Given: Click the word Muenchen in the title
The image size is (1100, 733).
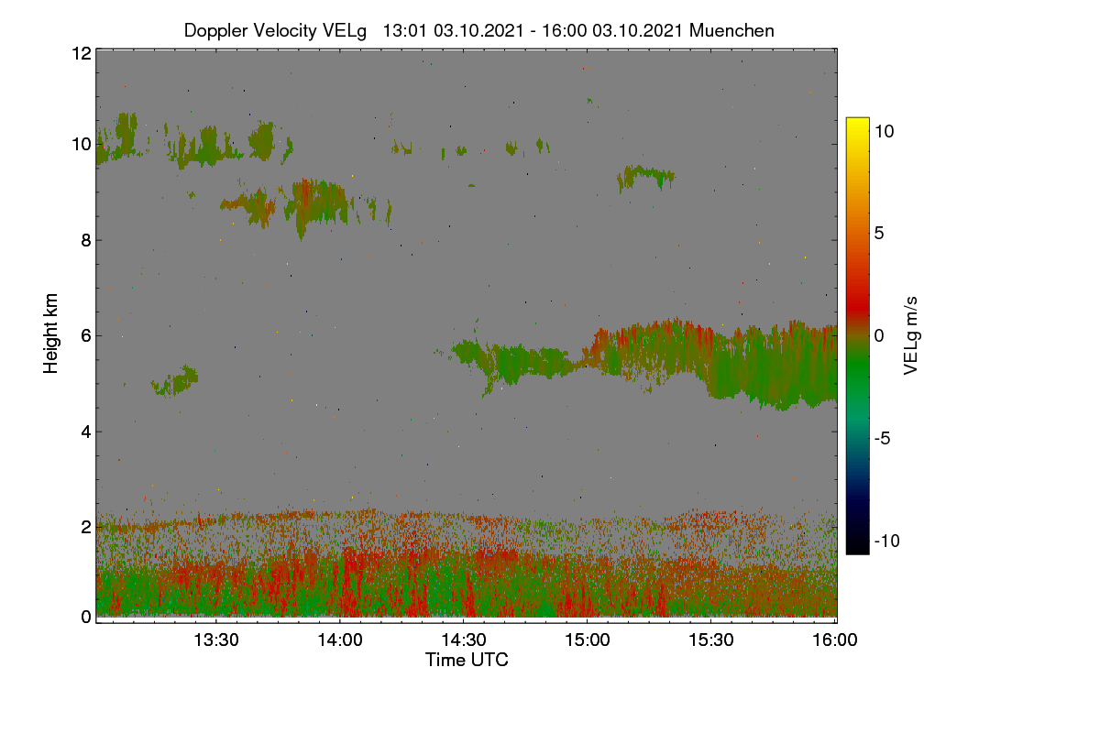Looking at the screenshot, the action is [x=731, y=30].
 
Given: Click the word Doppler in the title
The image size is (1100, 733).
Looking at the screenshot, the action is [x=215, y=31].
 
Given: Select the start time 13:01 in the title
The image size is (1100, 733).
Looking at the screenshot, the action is [x=404, y=30].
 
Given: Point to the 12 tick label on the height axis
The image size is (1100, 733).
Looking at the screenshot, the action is [x=82, y=53].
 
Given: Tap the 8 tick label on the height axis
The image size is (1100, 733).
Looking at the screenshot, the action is [x=86, y=240].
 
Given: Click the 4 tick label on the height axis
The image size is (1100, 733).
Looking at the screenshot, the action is [x=86, y=432].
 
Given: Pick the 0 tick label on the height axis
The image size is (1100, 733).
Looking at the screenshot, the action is [x=86, y=618].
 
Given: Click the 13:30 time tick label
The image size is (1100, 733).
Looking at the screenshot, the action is [x=216, y=640].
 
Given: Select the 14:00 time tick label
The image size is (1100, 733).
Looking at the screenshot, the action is [x=340, y=640].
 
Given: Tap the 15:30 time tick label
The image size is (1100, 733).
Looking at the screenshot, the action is [x=711, y=640].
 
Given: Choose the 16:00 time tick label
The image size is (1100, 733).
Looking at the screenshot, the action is [x=835, y=640].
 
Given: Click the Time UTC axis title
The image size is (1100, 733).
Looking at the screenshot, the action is [x=467, y=660].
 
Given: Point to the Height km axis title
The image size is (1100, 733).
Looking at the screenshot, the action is [x=50, y=334].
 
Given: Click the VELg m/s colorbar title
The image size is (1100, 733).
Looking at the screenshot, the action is [x=910, y=336].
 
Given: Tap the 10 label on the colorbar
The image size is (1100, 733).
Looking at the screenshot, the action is [x=885, y=131].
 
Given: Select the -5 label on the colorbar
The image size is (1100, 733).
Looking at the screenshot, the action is [x=883, y=438].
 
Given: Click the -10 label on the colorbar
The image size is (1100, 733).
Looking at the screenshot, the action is [x=887, y=541].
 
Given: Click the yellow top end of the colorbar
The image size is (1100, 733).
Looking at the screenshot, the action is [x=857, y=120].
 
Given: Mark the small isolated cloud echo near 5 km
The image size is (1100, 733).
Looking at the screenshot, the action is [x=175, y=381].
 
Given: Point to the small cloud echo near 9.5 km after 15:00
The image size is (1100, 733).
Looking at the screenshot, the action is [x=645, y=177].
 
